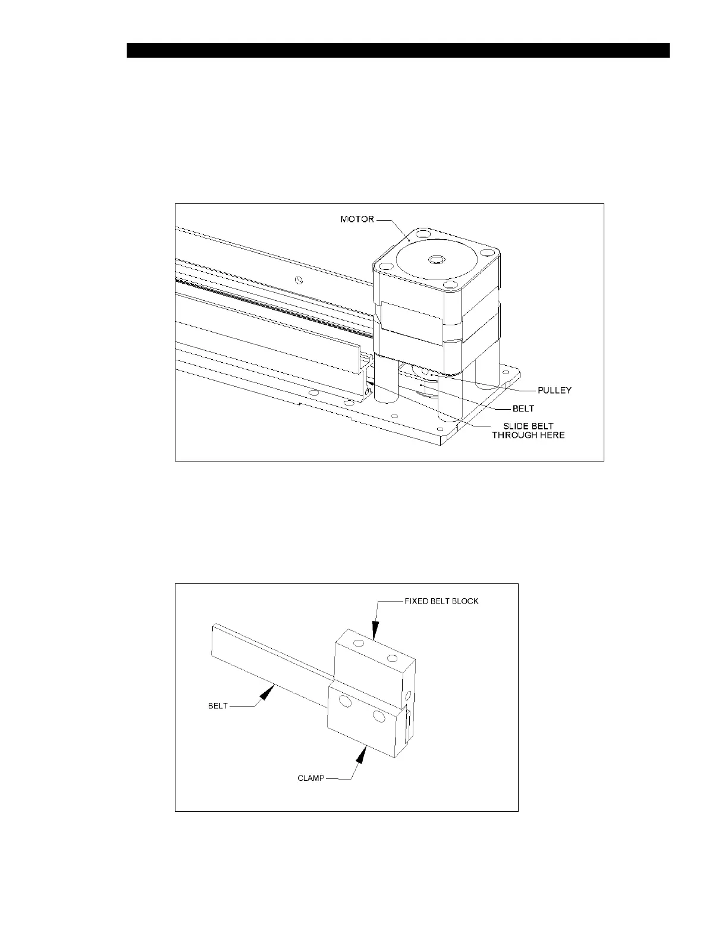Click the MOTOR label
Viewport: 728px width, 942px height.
click(x=357, y=219)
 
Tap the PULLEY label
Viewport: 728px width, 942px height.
click(x=554, y=391)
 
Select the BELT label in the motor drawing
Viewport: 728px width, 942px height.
click(x=523, y=409)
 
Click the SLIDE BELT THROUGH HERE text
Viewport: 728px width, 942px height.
click(x=528, y=431)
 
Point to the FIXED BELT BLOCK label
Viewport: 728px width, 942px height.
click(x=441, y=601)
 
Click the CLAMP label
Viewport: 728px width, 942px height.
click(x=311, y=778)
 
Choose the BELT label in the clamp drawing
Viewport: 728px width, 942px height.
click(x=218, y=706)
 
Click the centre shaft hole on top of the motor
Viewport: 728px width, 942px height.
click(x=436, y=260)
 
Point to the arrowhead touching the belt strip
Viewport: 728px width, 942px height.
click(x=271, y=690)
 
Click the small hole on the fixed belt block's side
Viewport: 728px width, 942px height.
click(x=408, y=695)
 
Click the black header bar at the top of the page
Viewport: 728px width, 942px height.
click(x=398, y=50)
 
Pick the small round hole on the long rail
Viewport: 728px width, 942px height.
click(x=300, y=280)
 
